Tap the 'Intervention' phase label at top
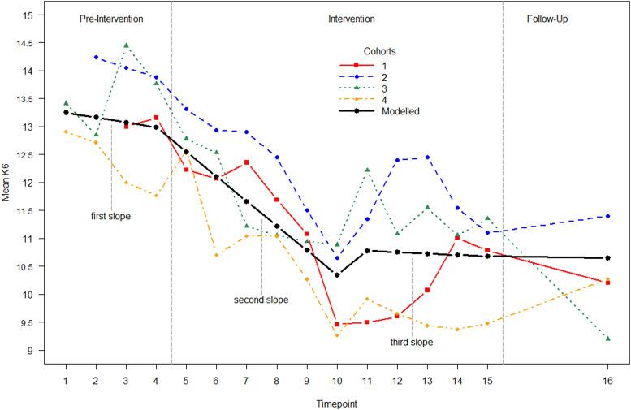tap(352, 18)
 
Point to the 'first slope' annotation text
tap(110, 216)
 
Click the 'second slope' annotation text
tap(261, 300)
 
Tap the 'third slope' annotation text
tap(411, 342)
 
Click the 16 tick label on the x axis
tap(607, 380)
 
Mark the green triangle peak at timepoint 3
tap(126, 45)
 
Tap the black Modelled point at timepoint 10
tap(337, 275)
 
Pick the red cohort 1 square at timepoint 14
tap(457, 238)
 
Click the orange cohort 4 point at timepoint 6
tap(216, 255)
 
